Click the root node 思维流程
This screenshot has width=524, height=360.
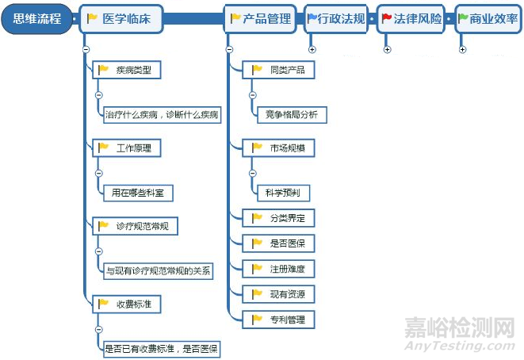pyautogui.click(x=36, y=19)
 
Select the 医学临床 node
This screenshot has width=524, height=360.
pyautogui.click(x=121, y=19)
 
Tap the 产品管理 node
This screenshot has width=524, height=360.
pyautogui.click(x=260, y=19)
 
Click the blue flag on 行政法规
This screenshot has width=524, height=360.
pyautogui.click(x=312, y=17)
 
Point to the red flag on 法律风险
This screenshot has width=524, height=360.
pyautogui.click(x=387, y=17)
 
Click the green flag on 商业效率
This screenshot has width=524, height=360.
pyautogui.click(x=463, y=17)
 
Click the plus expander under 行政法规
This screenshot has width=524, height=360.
pyautogui.click(x=312, y=49)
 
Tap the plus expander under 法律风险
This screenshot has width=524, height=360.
pyautogui.click(x=388, y=49)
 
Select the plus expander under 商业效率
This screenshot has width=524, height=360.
pyautogui.click(x=462, y=49)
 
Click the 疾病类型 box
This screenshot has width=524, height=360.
pyautogui.click(x=127, y=70)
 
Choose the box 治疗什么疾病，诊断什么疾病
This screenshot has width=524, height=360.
pyautogui.click(x=162, y=115)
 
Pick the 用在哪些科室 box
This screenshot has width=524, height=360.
pyautogui.click(x=138, y=193)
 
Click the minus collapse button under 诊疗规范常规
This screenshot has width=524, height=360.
pyautogui.click(x=99, y=251)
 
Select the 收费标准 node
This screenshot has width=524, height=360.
pyautogui.click(x=127, y=304)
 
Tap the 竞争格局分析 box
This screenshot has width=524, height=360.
pyautogui.click(x=292, y=115)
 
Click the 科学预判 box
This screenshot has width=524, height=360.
pyautogui.click(x=283, y=193)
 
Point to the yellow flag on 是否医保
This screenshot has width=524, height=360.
pyautogui.click(x=257, y=243)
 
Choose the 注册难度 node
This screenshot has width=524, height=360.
pyautogui.click(x=278, y=269)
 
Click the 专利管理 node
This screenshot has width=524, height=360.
pyautogui.click(x=278, y=320)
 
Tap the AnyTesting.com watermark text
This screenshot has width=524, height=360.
pyautogui.click(x=460, y=346)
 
